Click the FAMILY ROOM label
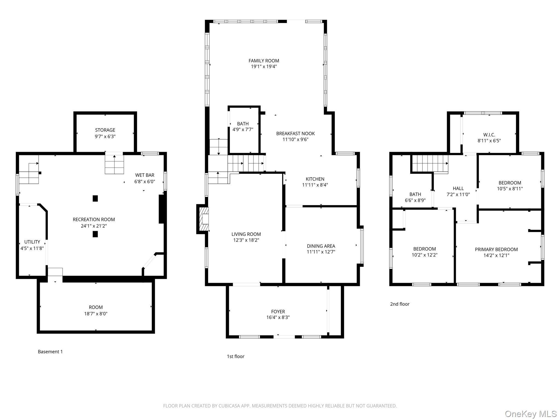[264, 61]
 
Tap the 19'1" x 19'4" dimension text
[264, 66]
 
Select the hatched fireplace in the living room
[204, 219]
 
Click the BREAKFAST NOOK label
[295, 133]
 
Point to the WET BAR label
[145, 175]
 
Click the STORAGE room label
[105, 130]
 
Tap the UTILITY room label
[32, 242]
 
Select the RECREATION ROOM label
[94, 220]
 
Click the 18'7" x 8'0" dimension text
[96, 314]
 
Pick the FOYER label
[278, 312]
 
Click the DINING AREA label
[321, 246]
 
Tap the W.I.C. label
[489, 135]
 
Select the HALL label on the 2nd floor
[458, 188]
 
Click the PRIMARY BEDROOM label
[496, 249]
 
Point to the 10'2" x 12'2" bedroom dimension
[425, 255]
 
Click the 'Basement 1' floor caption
[50, 352]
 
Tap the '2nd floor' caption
[400, 304]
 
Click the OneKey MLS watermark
[531, 414]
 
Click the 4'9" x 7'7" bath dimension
[243, 130]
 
